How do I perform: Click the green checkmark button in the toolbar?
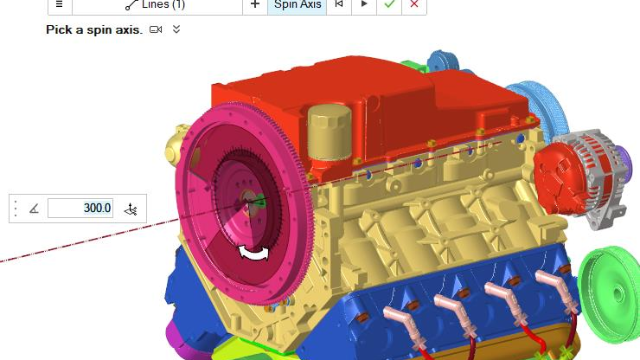click(389, 4)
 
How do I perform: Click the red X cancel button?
click(414, 4)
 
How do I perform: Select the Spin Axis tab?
click(297, 5)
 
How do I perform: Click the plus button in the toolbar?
click(255, 4)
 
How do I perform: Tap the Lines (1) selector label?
click(163, 5)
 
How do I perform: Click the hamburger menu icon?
click(60, 4)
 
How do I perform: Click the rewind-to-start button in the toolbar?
click(339, 4)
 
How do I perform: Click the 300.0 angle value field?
click(80, 208)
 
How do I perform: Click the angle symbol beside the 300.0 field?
click(34, 209)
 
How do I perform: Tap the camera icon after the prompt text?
click(156, 29)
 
